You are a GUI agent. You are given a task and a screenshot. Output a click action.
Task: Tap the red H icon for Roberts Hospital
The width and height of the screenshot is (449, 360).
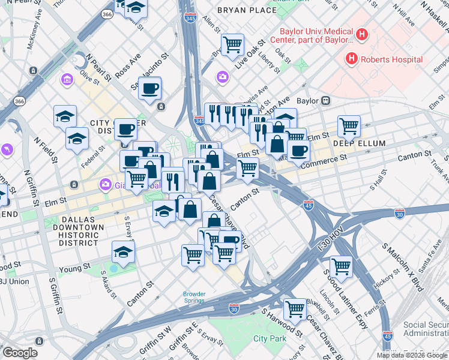[351, 59]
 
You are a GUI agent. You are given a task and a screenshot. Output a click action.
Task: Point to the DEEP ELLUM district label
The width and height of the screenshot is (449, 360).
[359, 144]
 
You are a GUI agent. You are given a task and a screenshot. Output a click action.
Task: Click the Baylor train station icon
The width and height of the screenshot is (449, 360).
[326, 100]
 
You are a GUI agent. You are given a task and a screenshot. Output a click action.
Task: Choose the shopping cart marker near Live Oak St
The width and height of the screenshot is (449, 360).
[232, 44]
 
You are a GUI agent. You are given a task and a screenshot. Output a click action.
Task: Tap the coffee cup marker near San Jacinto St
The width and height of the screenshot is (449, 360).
[149, 88]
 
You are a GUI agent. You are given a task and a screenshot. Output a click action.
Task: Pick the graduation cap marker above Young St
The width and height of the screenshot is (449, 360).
[123, 252]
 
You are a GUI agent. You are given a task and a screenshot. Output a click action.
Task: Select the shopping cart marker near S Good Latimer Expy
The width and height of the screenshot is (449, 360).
[341, 266]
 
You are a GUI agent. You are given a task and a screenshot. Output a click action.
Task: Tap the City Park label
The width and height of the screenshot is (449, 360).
[270, 339]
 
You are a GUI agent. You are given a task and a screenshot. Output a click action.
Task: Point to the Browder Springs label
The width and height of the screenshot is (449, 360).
[194, 298]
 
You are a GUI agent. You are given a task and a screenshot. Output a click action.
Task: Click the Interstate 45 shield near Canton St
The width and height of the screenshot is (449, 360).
[309, 205]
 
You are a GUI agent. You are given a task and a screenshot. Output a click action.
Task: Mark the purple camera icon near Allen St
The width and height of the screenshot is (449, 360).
[223, 76]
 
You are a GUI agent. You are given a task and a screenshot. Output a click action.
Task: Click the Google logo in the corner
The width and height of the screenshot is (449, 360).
[20, 353]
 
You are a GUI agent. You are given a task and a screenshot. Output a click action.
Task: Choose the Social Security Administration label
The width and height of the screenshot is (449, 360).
[426, 329]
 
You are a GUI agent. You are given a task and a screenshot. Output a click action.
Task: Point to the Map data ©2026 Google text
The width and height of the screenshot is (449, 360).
[411, 355]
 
